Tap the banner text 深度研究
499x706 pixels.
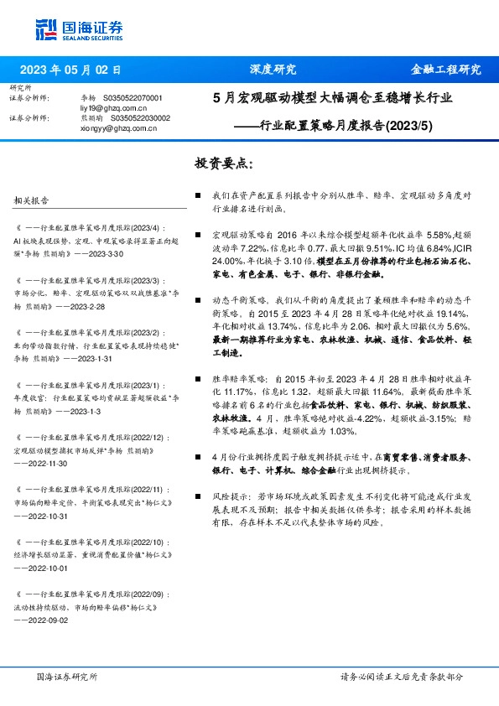coord(273,70)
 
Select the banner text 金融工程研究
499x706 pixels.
coord(444,70)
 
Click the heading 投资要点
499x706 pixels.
coord(221,162)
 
